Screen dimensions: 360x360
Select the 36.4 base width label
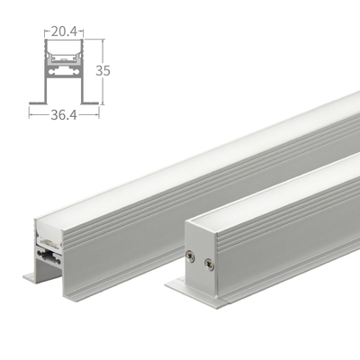click(63, 114)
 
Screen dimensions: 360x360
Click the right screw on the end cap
click(210, 264)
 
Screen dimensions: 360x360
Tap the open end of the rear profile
click(48, 247)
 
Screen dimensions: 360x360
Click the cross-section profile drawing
click(63, 72)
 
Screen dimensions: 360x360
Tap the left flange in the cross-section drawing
click(37, 100)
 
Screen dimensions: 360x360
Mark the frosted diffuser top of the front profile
click(279, 193)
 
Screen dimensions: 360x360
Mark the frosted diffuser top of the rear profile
click(198, 153)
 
